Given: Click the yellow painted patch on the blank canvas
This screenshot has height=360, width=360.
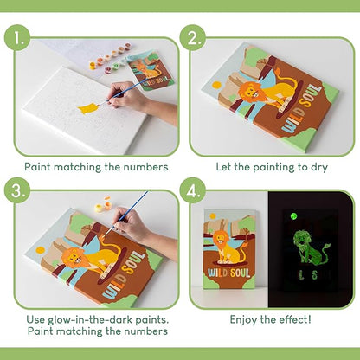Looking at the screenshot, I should pyautogui.click(x=87, y=108).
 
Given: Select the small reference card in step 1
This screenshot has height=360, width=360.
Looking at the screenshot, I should pyautogui.click(x=152, y=69).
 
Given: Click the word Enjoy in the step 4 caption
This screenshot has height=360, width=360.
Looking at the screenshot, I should pyautogui.click(x=247, y=318).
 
